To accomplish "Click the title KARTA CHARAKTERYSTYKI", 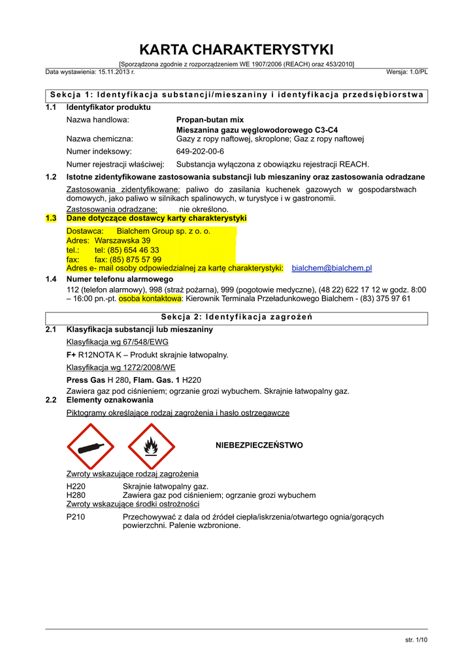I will (x=236, y=50).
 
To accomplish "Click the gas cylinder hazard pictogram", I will (x=90, y=446).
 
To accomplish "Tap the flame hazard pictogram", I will (x=151, y=446).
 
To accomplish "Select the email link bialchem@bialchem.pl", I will (x=331, y=268).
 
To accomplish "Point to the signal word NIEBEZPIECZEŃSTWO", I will (x=259, y=445).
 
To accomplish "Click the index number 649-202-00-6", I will (x=200, y=151).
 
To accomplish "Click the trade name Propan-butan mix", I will (x=210, y=120).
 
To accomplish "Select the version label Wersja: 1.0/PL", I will (x=406, y=71).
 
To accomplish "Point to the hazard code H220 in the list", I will (x=76, y=487).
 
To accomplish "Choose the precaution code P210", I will (x=76, y=517).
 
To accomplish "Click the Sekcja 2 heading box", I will (x=236, y=318).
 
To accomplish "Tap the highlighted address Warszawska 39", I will (x=122, y=240).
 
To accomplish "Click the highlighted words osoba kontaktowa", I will (x=150, y=299).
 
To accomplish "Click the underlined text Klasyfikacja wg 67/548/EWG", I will (x=117, y=342).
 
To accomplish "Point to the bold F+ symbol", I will (x=71, y=355).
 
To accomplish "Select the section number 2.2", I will (x=51, y=400).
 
